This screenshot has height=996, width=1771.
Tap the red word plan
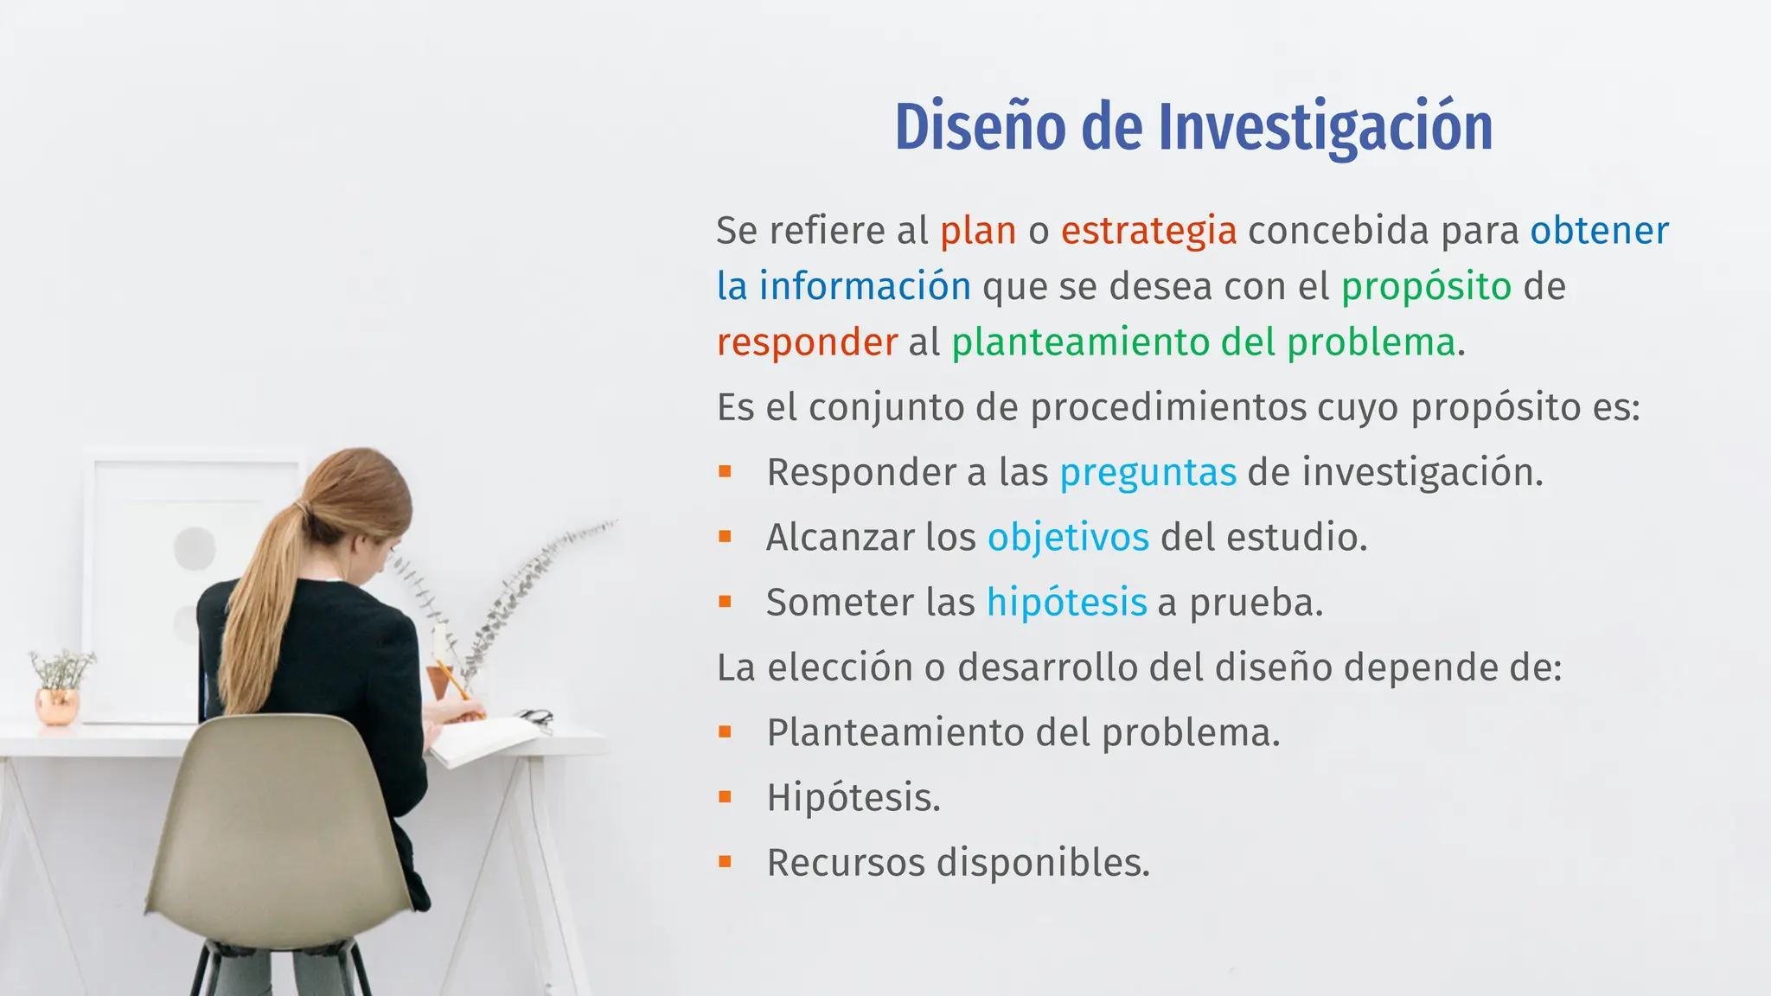point(978,231)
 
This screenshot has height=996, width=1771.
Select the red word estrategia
point(1148,231)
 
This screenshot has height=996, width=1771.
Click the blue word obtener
point(1599,231)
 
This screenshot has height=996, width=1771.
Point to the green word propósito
point(1426,287)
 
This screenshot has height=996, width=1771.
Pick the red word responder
point(807,342)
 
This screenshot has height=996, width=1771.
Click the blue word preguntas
point(1148,473)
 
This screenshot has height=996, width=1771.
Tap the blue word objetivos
point(1068,538)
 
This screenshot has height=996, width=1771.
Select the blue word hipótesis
point(1066,603)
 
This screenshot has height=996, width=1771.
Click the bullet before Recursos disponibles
point(725,862)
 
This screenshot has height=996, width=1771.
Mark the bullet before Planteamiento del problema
point(725,732)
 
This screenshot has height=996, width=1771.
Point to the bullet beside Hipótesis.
point(725,797)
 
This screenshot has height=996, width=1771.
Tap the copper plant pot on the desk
point(57,705)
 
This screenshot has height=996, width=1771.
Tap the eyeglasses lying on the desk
point(536,717)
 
